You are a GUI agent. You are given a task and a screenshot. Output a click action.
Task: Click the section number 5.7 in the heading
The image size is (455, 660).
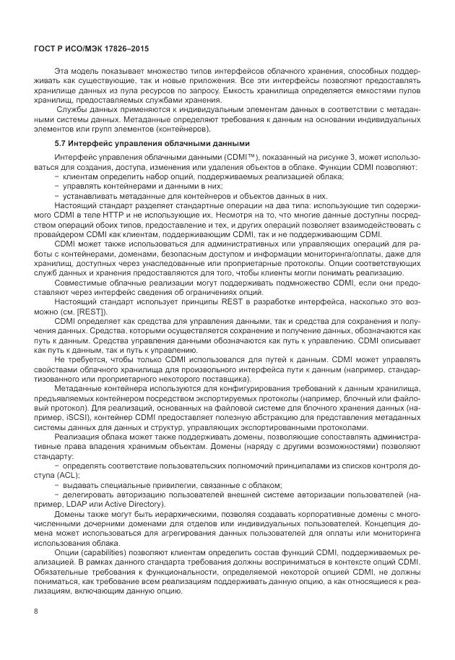(x=61, y=143)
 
